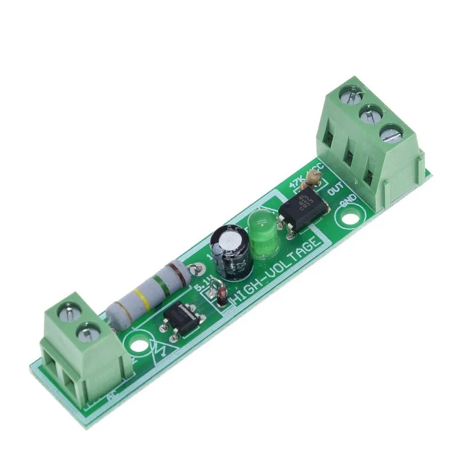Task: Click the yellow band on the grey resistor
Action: pos(142,297)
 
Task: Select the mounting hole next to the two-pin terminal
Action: pos(137,345)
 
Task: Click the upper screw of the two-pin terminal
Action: pos(68,311)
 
